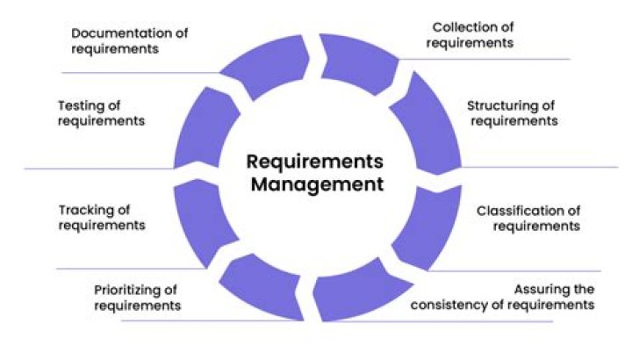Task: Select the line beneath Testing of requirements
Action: pyautogui.click(x=97, y=168)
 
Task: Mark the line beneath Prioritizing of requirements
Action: pyautogui.click(x=176, y=321)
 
